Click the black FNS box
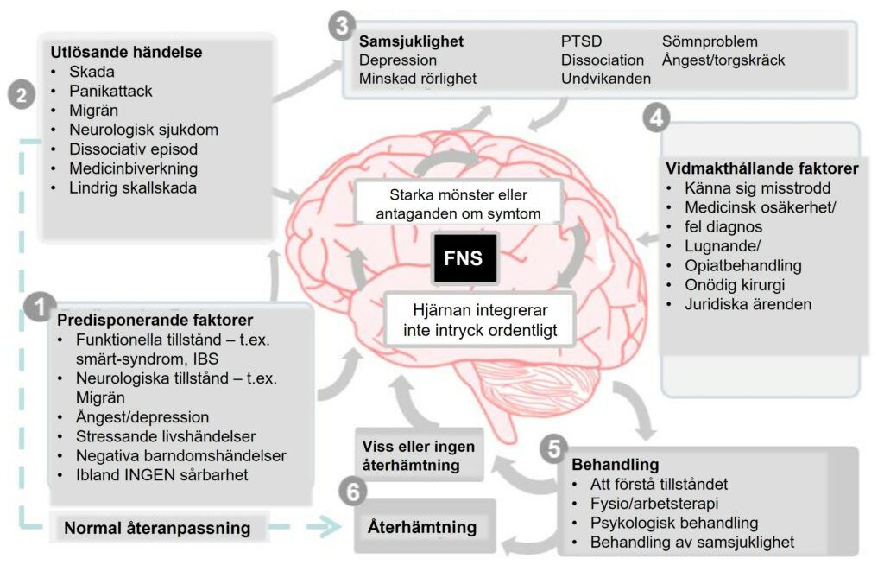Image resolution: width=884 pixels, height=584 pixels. pos(464,257)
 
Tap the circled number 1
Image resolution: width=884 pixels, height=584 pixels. pos(40,308)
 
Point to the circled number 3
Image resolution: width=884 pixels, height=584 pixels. pos(342,26)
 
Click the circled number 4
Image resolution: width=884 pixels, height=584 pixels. pos(657,118)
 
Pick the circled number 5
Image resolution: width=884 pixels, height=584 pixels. pos(554,448)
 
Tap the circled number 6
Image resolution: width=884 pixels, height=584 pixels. pos(353,492)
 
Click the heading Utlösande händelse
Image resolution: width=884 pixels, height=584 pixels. pos(126,52)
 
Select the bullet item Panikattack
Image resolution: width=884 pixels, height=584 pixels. pos(110,91)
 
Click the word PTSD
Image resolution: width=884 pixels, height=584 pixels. pos(581,41)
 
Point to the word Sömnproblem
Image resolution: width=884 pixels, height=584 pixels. pos(710,41)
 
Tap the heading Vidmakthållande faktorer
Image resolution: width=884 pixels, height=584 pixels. pos(761,168)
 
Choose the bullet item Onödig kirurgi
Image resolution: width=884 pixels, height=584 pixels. pos(735,285)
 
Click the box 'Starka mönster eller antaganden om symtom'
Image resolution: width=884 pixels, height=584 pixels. pos(458,204)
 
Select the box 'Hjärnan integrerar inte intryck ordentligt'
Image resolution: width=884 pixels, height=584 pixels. pos(480,320)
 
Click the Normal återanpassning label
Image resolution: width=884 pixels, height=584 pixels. pos(157,528)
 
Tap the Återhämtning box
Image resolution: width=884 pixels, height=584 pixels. pos(425,526)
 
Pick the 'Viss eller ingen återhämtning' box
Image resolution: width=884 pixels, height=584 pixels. pos(420,455)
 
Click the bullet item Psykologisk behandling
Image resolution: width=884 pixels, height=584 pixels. pos(673,523)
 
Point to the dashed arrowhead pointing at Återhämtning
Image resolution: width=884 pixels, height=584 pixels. pos(330,527)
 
